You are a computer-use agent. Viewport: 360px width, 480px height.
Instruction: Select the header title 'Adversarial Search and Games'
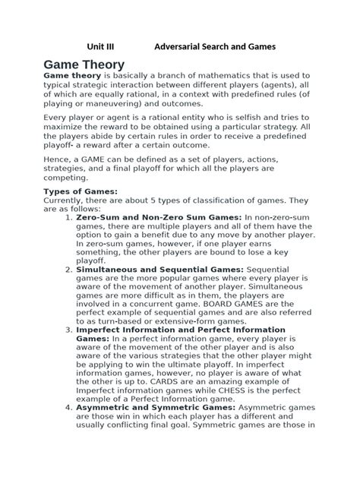tap(214, 47)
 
